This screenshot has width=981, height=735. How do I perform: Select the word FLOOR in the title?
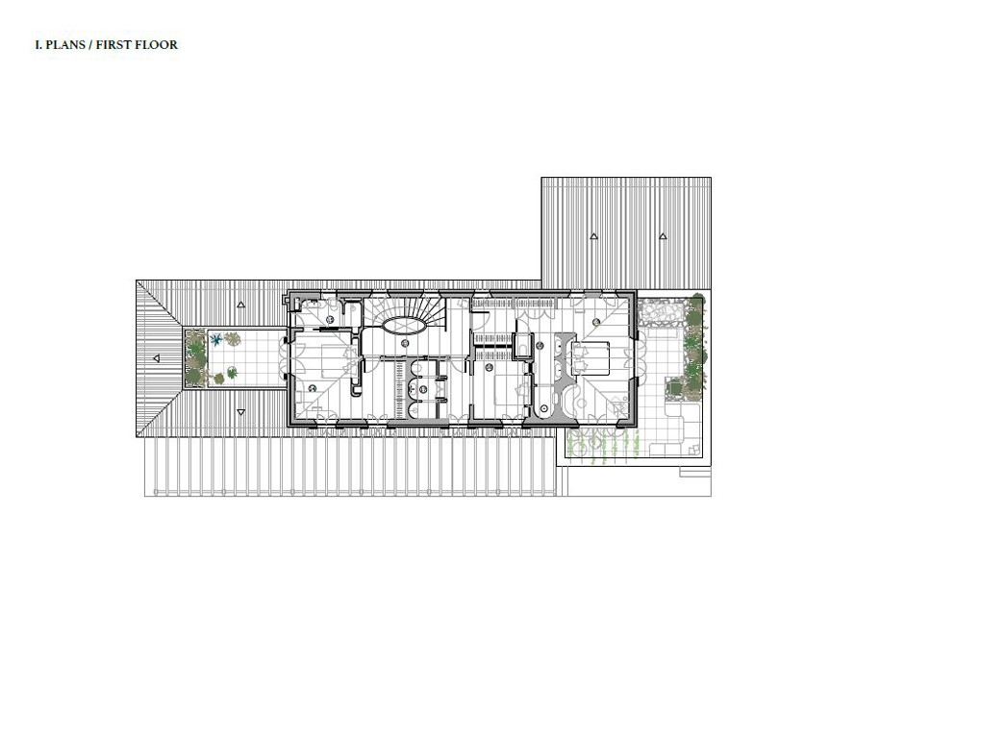[157, 45]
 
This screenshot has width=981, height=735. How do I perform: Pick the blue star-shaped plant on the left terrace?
[216, 341]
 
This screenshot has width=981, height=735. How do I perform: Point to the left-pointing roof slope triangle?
[157, 358]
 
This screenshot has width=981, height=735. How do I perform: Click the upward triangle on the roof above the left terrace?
[241, 305]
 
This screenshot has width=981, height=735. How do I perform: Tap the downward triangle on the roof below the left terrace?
[241, 412]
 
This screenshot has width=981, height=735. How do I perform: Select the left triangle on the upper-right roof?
[593, 236]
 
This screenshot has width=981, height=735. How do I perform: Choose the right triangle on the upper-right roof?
[664, 236]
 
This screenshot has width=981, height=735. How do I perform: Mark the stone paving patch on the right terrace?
[661, 313]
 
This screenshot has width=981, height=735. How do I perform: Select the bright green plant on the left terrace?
[232, 373]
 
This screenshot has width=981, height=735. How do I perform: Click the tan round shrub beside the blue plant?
[233, 339]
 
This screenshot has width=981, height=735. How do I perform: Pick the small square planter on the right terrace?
[674, 388]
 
